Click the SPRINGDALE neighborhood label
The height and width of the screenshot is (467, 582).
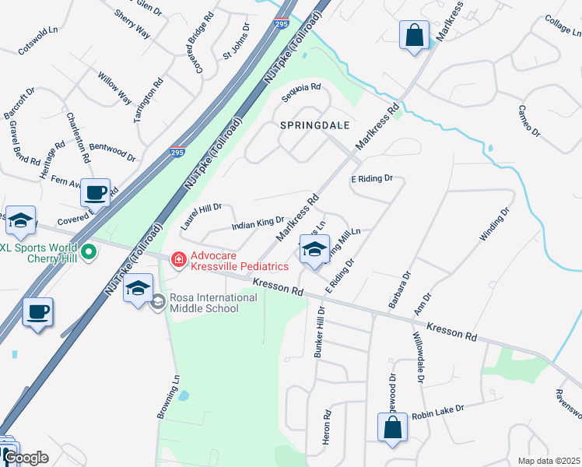click(315, 125)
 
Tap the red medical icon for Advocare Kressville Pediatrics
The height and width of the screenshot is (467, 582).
click(178, 258)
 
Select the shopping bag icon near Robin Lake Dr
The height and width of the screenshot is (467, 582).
click(392, 427)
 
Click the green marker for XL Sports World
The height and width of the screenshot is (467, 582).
click(89, 251)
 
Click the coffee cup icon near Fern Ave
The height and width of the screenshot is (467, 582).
click(96, 191)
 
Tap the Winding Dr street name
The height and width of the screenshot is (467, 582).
click(495, 224)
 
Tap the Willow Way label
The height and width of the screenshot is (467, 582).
click(114, 88)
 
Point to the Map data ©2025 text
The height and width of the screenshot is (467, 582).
click(549, 461)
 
